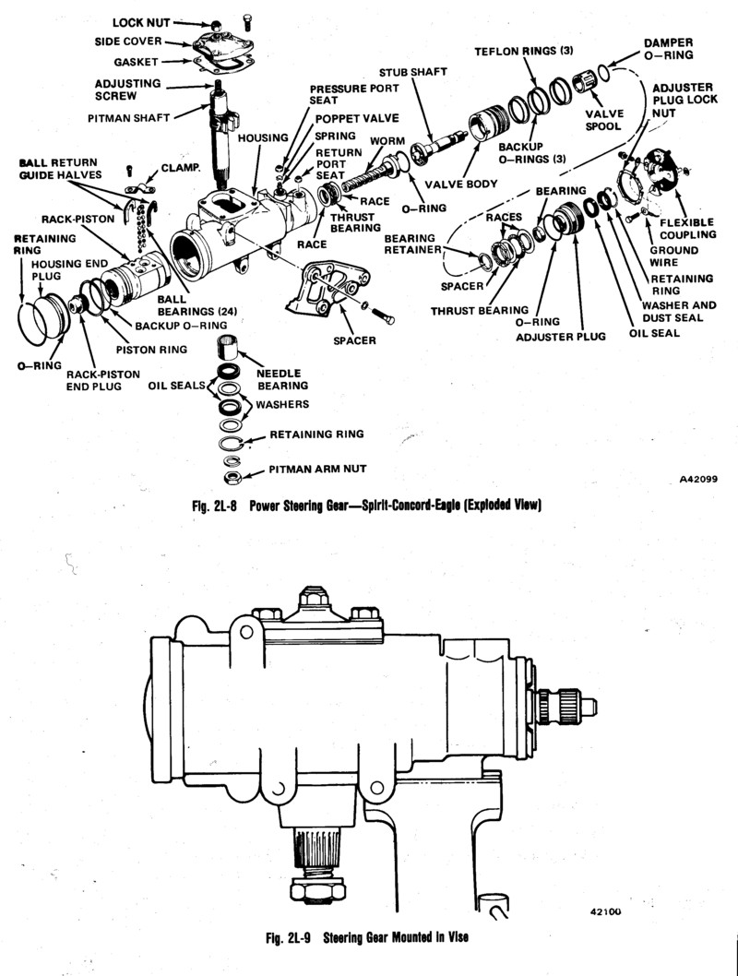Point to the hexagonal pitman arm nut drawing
(234, 477)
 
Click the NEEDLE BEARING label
(283, 379)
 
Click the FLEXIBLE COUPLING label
(686, 227)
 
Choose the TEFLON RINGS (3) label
(518, 52)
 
